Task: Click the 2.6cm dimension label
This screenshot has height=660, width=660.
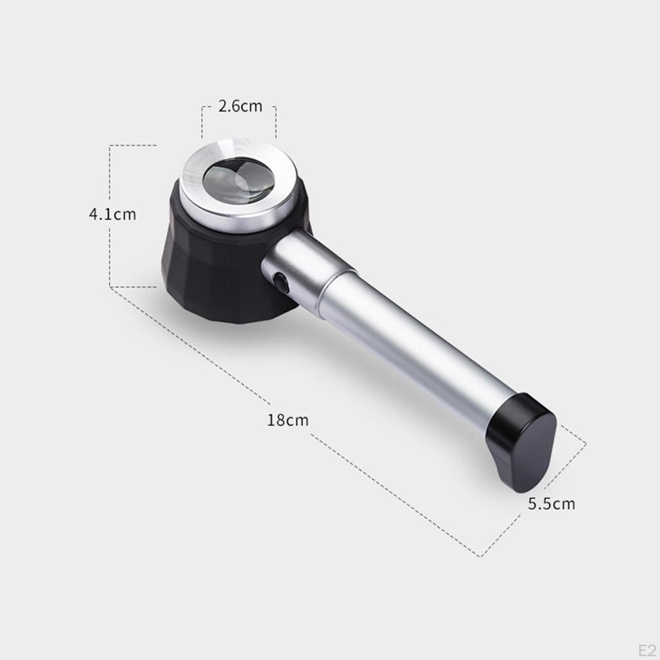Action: (240, 106)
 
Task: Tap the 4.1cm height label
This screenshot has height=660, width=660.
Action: (113, 214)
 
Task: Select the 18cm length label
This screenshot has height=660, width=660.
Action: (288, 420)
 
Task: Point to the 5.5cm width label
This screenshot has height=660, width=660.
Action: (552, 503)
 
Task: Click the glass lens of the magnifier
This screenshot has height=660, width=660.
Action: (239, 179)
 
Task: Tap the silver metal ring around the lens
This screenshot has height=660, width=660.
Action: (238, 185)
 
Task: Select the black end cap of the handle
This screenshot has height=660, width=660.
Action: (522, 442)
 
